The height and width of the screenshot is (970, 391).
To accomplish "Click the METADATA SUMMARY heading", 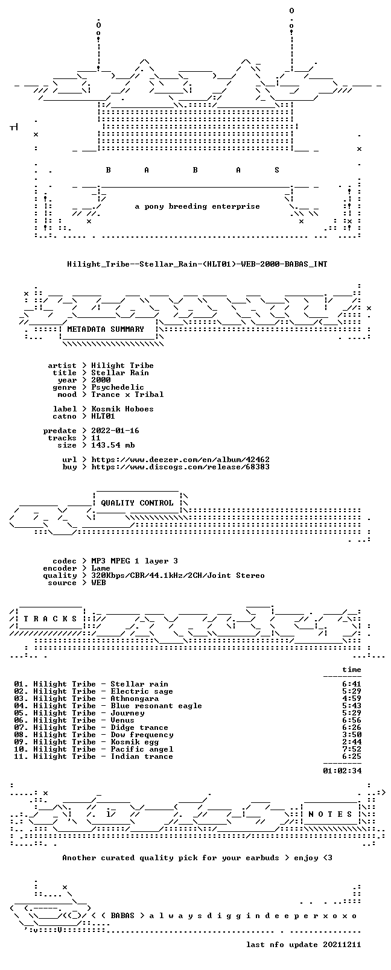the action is click(105, 329).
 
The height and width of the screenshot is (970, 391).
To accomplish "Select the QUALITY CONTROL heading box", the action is click(137, 502).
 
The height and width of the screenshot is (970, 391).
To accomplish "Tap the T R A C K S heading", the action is click(50, 619).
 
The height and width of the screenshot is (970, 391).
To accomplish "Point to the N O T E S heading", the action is click(331, 814).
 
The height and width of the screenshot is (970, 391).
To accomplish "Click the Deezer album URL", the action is click(180, 460).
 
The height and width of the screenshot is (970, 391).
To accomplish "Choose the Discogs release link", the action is click(180, 467).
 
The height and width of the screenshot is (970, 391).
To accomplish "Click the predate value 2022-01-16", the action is click(115, 431).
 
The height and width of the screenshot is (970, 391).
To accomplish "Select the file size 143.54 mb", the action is click(113, 445).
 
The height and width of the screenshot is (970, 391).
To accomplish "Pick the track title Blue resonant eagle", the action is click(156, 706).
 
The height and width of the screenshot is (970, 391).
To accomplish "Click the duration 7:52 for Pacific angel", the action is click(352, 749).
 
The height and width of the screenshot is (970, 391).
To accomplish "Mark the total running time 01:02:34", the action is click(342, 771).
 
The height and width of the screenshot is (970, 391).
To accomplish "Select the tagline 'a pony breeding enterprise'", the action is click(197, 206).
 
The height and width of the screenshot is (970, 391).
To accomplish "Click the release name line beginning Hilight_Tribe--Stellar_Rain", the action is click(197, 264).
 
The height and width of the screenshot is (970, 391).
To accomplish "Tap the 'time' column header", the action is click(352, 670).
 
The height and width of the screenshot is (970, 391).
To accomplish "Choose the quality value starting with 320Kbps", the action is click(177, 575).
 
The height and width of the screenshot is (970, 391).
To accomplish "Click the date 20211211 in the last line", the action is click(342, 945).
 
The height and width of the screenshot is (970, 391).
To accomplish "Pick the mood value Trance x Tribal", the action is click(127, 395).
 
